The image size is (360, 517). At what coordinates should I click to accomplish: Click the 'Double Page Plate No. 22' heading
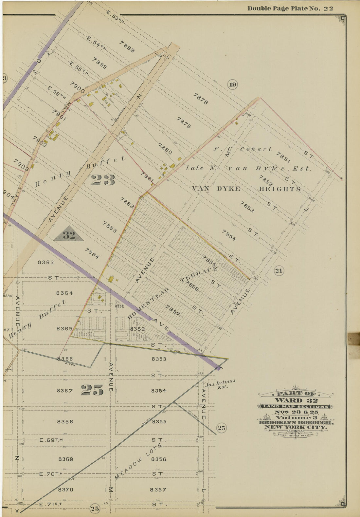tap(290, 9)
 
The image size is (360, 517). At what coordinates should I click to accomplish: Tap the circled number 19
tap(232, 85)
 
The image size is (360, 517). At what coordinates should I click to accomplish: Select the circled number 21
tap(279, 270)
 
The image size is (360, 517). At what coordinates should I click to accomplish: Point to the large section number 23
tap(103, 180)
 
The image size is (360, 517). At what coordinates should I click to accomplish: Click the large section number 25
tap(92, 390)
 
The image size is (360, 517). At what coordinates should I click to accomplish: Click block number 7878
tap(200, 99)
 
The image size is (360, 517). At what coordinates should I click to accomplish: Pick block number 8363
tap(46, 262)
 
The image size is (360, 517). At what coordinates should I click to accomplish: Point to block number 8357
tap(158, 489)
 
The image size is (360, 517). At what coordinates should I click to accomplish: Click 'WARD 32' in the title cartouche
tap(296, 400)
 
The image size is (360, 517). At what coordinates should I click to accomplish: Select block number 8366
tap(65, 359)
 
